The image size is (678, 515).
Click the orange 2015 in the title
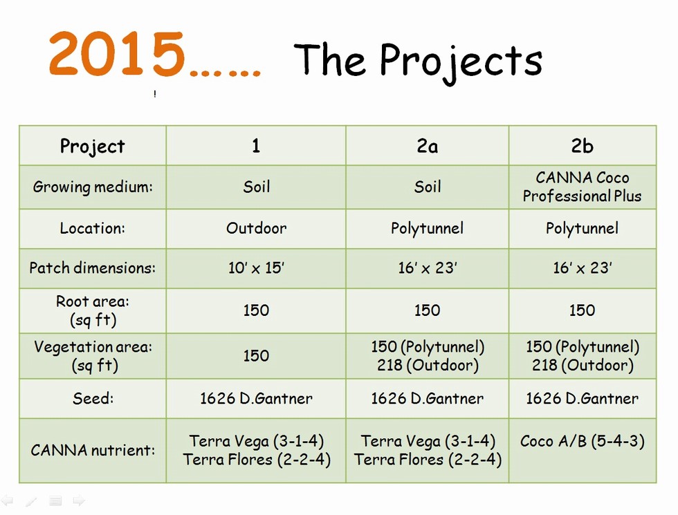point(117,54)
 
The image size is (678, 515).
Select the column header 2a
point(428,146)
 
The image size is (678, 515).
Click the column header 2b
point(582,146)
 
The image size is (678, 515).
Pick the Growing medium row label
point(93,187)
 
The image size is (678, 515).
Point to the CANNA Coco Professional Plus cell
point(582,187)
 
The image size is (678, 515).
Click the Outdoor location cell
point(256,228)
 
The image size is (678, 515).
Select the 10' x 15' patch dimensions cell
point(256,268)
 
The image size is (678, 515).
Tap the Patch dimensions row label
point(93,268)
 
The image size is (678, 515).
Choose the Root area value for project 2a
point(428,310)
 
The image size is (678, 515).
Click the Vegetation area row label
point(93,355)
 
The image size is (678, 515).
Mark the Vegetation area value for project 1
point(256,355)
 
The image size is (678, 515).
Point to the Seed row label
point(93,398)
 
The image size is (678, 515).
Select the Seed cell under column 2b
point(582,398)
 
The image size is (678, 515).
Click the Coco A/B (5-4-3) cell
point(582,441)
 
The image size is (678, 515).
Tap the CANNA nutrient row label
point(93,450)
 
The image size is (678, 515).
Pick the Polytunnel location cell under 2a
point(428,228)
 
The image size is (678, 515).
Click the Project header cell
point(93,146)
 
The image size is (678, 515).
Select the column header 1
point(256,146)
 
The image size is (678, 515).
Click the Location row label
point(93,228)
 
